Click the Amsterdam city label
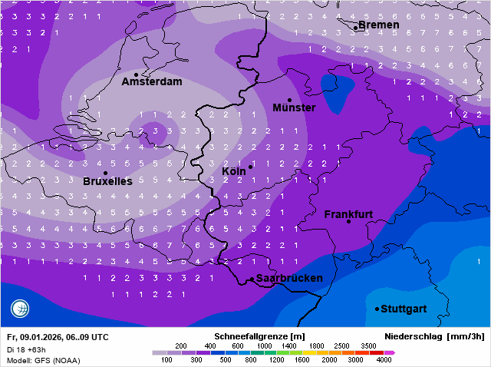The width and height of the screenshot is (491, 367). (152, 81)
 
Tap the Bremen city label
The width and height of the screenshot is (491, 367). (379, 25)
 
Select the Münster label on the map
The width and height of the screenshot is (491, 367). (294, 107)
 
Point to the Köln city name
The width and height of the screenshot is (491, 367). (235, 170)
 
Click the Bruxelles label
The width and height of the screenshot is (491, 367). (107, 182)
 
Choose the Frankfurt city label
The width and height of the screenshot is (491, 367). (348, 214)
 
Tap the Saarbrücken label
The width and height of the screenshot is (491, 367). (289, 278)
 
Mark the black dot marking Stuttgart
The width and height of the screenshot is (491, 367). (377, 309)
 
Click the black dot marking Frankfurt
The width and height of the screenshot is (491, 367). (348, 222)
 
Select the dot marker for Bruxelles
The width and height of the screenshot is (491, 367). (105, 174)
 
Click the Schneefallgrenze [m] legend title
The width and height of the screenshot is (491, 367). (260, 336)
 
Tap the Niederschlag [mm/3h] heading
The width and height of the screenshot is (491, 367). (434, 336)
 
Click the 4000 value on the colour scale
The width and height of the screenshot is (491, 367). (384, 359)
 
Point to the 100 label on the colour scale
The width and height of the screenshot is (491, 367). (166, 359)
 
